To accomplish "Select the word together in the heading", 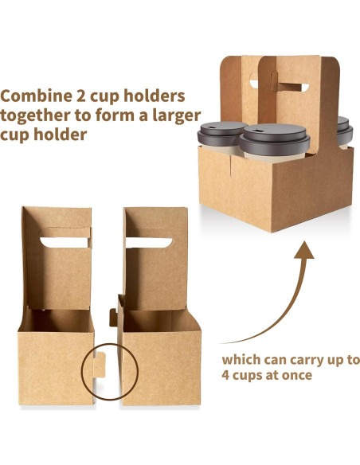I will click(x=38, y=115).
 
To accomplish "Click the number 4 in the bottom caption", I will click(x=228, y=376).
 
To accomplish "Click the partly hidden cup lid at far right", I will click(x=343, y=126).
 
